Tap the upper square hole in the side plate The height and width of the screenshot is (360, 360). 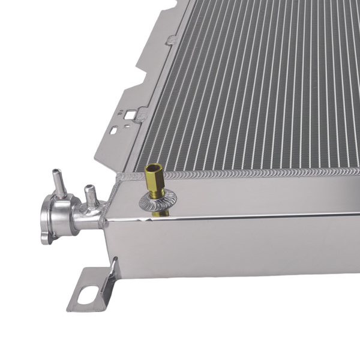(x=129, y=113)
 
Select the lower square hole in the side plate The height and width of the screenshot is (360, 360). (x=113, y=130)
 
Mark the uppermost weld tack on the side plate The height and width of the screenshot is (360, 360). (x=172, y=39)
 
